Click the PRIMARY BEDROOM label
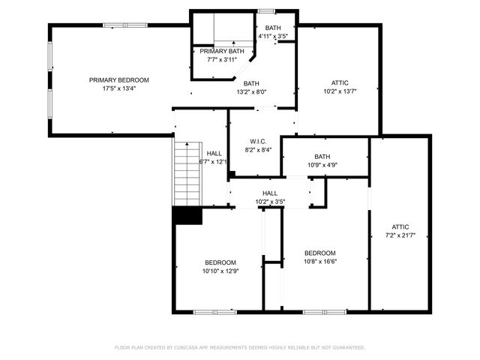(x=118, y=80)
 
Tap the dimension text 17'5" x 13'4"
(x=118, y=88)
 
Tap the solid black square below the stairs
(x=187, y=215)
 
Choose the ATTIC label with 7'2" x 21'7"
(x=400, y=226)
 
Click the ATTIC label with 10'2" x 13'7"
(x=340, y=82)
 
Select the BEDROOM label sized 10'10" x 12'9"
(x=220, y=262)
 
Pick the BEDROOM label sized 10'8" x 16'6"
(x=319, y=253)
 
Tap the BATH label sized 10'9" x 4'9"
(x=322, y=157)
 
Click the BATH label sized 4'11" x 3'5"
(x=273, y=28)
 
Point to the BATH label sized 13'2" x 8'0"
(x=251, y=83)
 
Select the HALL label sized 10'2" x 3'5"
(x=270, y=193)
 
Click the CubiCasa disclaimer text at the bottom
(x=240, y=347)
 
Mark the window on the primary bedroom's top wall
(x=114, y=25)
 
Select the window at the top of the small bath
(x=266, y=10)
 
